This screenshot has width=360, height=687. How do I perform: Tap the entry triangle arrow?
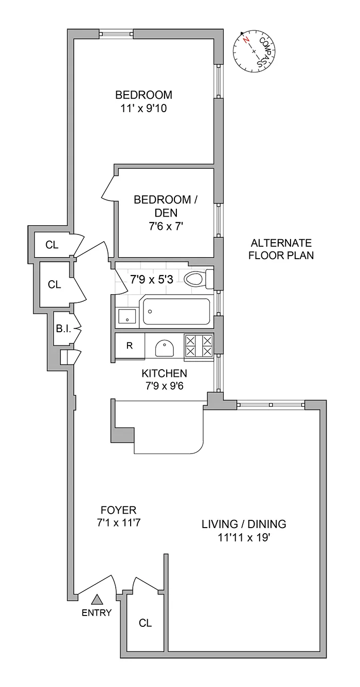tap(97, 599)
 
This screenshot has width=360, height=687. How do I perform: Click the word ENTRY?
tap(96, 612)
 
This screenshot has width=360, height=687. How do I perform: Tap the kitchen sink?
tap(164, 348)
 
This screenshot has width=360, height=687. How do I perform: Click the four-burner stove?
tap(199, 346)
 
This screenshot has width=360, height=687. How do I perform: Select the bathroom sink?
tap(125, 316)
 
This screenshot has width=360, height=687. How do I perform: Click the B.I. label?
tap(63, 328)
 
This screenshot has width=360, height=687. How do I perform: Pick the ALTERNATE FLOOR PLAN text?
tap(281, 249)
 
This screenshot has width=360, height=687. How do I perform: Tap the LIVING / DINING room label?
tap(243, 525)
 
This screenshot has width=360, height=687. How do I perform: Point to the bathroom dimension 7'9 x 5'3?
tap(152, 280)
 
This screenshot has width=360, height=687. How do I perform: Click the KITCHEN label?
tap(165, 373)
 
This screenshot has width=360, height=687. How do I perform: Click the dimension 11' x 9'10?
tap(143, 109)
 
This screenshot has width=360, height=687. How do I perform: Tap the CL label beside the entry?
tap(146, 623)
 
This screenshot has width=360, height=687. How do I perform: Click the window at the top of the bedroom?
tap(116, 34)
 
